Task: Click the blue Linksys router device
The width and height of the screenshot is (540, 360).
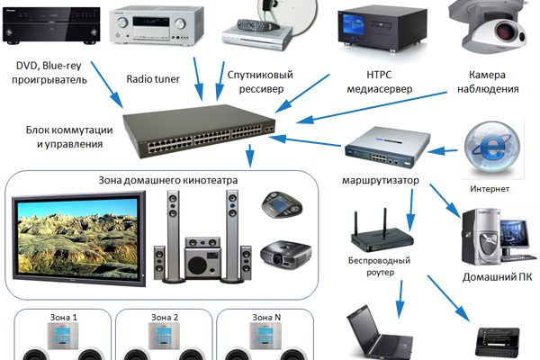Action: coord(379,148)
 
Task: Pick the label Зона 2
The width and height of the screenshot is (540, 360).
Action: coord(164,317)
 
